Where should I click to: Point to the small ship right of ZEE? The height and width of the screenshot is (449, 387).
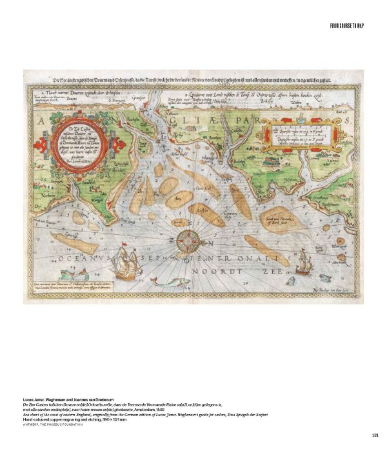pyautogui.click(x=301, y=259)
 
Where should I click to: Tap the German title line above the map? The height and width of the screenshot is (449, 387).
pyautogui.click(x=193, y=80)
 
